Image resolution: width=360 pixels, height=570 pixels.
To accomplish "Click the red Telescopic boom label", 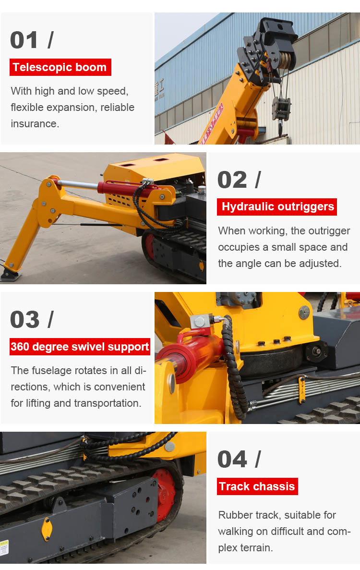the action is [60, 67].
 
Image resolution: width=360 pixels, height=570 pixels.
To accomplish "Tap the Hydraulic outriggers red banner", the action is [277, 207].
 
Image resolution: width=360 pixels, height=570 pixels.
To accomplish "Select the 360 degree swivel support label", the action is [80, 347].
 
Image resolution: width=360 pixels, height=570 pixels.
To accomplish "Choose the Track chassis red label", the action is [257, 486].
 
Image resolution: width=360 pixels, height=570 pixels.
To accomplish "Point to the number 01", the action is [24, 40].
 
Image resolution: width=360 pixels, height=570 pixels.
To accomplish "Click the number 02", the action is [232, 180].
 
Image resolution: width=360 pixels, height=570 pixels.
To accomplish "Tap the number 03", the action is [24, 319].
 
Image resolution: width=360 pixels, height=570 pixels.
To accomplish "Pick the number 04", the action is [232, 459].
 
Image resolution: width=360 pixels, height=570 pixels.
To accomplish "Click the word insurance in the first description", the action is [35, 124].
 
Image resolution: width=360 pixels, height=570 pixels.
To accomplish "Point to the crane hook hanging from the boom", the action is [281, 127].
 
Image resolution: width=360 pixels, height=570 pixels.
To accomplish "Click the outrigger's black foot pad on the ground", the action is [10, 276].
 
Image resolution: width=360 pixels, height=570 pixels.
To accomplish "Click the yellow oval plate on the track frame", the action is [47, 529].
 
